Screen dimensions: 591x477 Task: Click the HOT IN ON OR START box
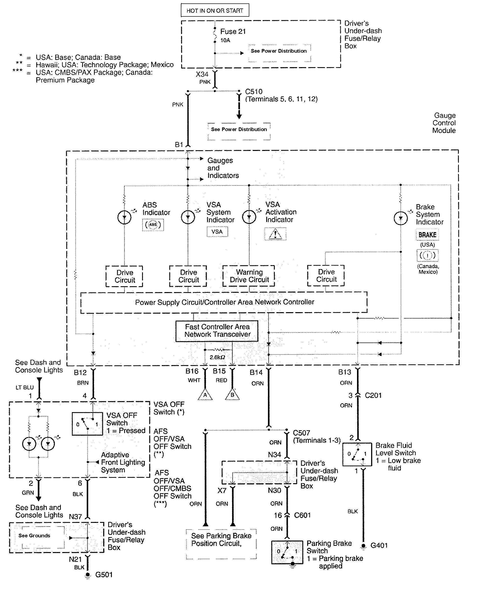click(215, 11)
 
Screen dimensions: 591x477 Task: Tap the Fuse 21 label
click(233, 32)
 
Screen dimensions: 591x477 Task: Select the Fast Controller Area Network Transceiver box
click(217, 331)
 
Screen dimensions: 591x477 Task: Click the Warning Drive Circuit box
click(249, 276)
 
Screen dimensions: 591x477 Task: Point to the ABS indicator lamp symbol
click(124, 217)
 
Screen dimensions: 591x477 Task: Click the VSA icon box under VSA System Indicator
click(217, 232)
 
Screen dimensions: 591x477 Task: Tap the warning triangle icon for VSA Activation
click(275, 234)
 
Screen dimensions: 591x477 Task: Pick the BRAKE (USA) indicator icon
click(427, 235)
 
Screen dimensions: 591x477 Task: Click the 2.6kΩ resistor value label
click(217, 357)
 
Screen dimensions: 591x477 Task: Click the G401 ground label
click(379, 545)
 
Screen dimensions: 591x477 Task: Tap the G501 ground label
click(104, 575)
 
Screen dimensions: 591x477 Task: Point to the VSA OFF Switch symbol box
click(87, 424)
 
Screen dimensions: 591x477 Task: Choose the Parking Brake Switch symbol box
click(287, 552)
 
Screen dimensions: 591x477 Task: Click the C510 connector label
click(254, 92)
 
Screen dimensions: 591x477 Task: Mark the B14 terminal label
click(256, 372)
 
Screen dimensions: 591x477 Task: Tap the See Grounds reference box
click(34, 535)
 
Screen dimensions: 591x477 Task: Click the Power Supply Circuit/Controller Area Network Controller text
click(224, 302)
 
